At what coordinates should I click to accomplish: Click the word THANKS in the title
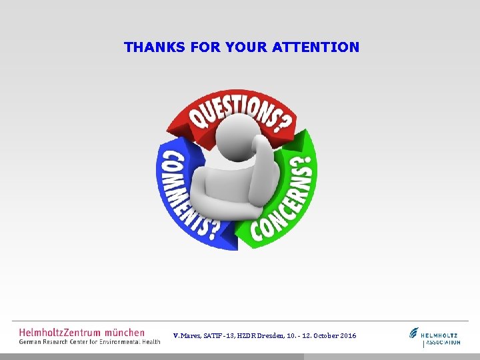pyautogui.click(x=145, y=47)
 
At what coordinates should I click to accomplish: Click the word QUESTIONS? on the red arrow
pyautogui.click(x=237, y=112)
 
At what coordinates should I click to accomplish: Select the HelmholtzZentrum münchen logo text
pyautogui.click(x=81, y=331)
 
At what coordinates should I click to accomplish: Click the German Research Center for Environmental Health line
pyautogui.click(x=89, y=341)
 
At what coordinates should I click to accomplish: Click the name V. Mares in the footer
pyautogui.click(x=186, y=335)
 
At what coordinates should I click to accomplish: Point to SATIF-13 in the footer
pyautogui.click(x=219, y=335)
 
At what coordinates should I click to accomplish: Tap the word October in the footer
pyautogui.click(x=323, y=335)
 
